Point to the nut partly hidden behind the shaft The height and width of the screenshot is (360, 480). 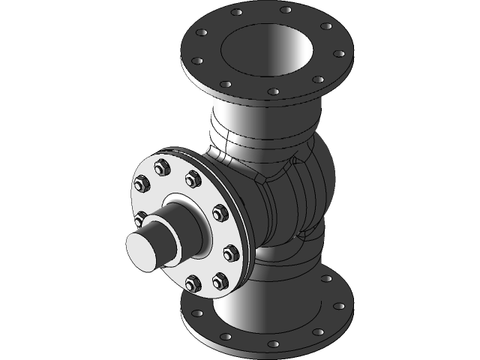click(x=139, y=219)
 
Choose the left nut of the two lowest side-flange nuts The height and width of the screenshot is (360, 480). click(x=190, y=284)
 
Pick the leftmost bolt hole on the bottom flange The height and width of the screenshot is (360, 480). click(x=197, y=313)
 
